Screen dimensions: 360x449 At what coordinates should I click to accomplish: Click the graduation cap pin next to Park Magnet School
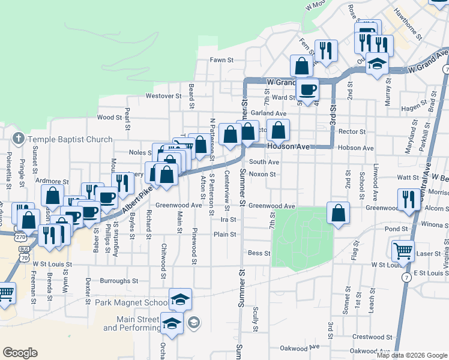click(x=180, y=299)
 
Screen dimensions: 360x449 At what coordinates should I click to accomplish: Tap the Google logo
click(x=20, y=353)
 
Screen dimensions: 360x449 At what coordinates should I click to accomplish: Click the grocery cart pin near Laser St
click(x=403, y=250)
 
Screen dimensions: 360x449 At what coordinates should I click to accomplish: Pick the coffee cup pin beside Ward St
click(x=308, y=90)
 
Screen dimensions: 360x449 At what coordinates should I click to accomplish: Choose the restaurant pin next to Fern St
click(x=326, y=50)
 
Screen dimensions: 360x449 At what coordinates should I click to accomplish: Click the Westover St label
click(x=163, y=96)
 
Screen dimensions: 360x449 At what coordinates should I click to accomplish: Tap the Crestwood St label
click(x=368, y=337)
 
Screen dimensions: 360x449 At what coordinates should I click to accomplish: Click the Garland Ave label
click(x=269, y=113)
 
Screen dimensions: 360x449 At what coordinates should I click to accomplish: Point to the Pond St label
click(x=397, y=229)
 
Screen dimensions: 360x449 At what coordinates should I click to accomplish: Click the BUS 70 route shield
click(x=25, y=253)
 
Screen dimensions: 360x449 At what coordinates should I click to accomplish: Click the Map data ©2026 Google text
click(x=412, y=355)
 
